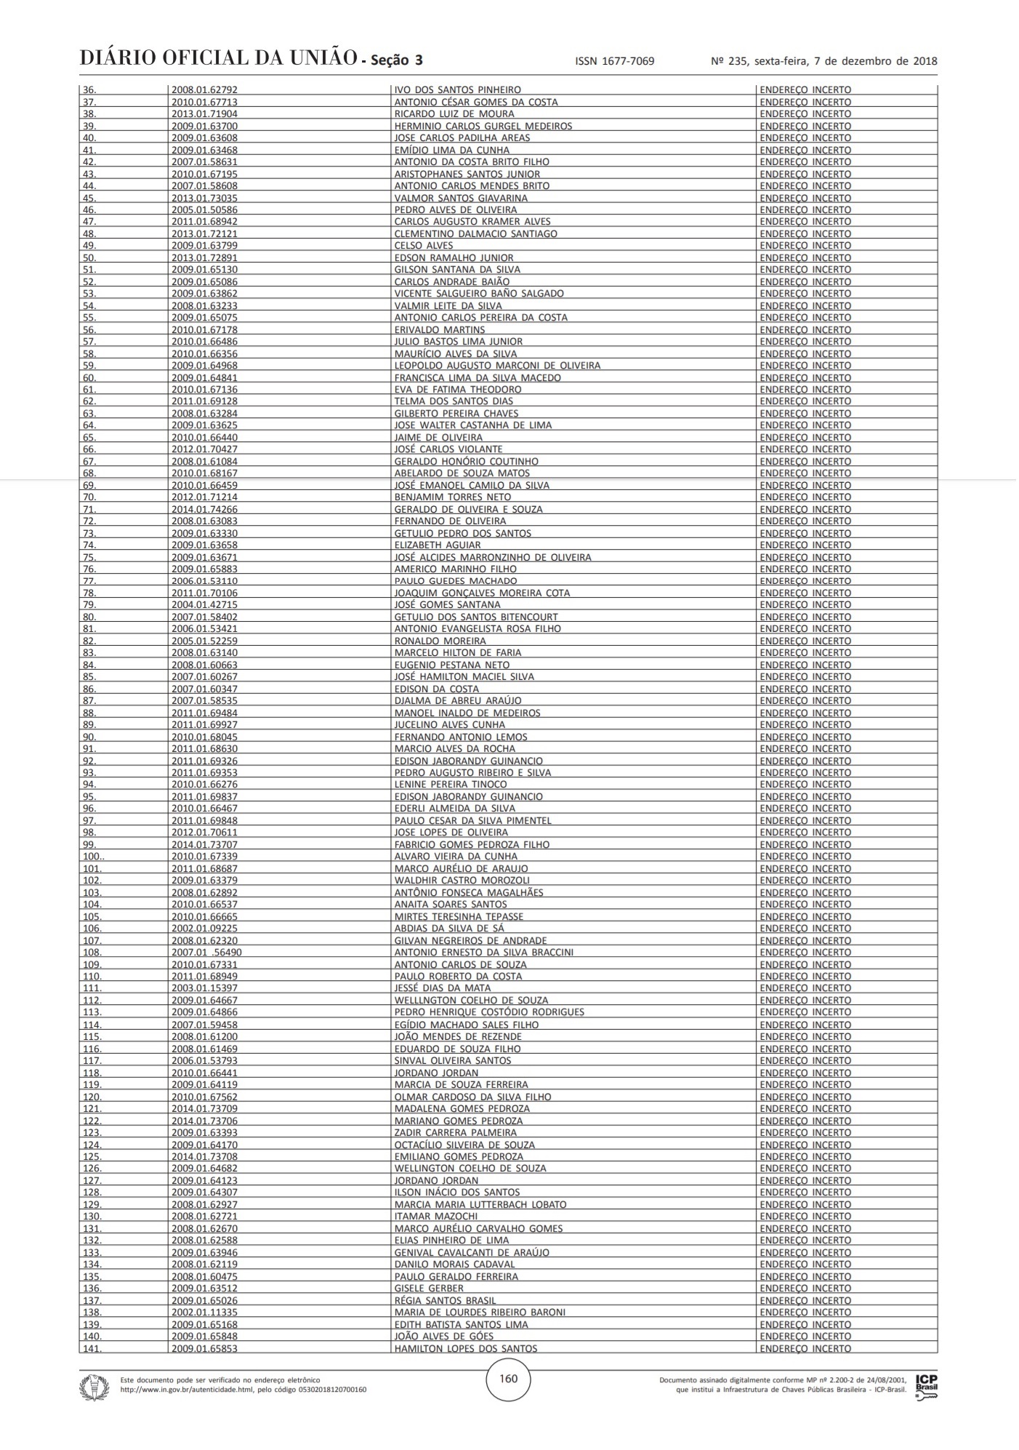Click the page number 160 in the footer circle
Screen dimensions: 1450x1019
(x=509, y=1377)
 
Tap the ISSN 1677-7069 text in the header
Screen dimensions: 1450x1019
(x=614, y=61)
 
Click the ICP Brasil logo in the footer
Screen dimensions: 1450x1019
(x=926, y=1385)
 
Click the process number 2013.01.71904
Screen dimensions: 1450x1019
(x=204, y=114)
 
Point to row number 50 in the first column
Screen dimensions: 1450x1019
(x=89, y=257)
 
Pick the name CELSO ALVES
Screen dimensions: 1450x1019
(x=423, y=246)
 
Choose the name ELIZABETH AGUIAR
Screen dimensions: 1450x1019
(x=437, y=545)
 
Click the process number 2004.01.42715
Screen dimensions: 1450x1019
(x=204, y=605)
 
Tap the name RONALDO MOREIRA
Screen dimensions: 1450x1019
(x=440, y=641)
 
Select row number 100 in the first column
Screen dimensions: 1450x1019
(x=92, y=857)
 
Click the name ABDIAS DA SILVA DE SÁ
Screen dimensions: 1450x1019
(x=448, y=929)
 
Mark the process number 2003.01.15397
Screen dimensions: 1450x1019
(x=204, y=988)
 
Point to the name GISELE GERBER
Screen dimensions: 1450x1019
(x=428, y=1288)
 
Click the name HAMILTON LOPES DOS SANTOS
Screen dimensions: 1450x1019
(x=465, y=1348)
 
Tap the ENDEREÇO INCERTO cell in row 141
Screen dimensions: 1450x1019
(x=805, y=1348)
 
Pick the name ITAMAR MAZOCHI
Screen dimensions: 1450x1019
(x=435, y=1216)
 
